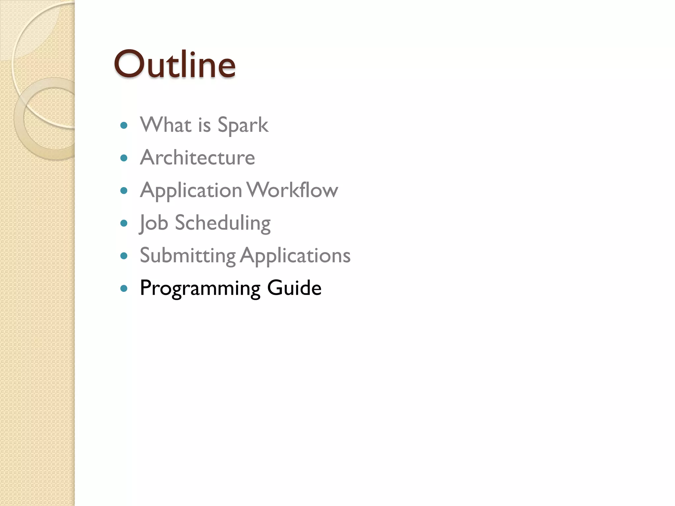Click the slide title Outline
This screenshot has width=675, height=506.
click(x=175, y=64)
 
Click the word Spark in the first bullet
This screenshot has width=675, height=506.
click(x=243, y=125)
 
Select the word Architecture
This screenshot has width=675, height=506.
click(x=197, y=157)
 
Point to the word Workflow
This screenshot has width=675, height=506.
click(x=292, y=190)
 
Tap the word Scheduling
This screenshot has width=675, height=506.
click(x=223, y=223)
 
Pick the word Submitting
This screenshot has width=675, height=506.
click(x=188, y=256)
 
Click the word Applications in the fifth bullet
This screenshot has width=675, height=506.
click(x=295, y=256)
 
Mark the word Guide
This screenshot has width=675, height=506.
click(x=294, y=288)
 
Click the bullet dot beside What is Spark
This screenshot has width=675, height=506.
click(x=124, y=125)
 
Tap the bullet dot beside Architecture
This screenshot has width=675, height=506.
click(x=124, y=158)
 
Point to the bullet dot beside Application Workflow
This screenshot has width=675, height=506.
click(x=124, y=191)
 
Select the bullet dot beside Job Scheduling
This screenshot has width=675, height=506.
click(x=124, y=223)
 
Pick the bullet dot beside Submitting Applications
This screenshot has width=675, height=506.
click(x=124, y=256)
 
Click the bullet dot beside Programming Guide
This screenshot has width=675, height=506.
click(x=124, y=289)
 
